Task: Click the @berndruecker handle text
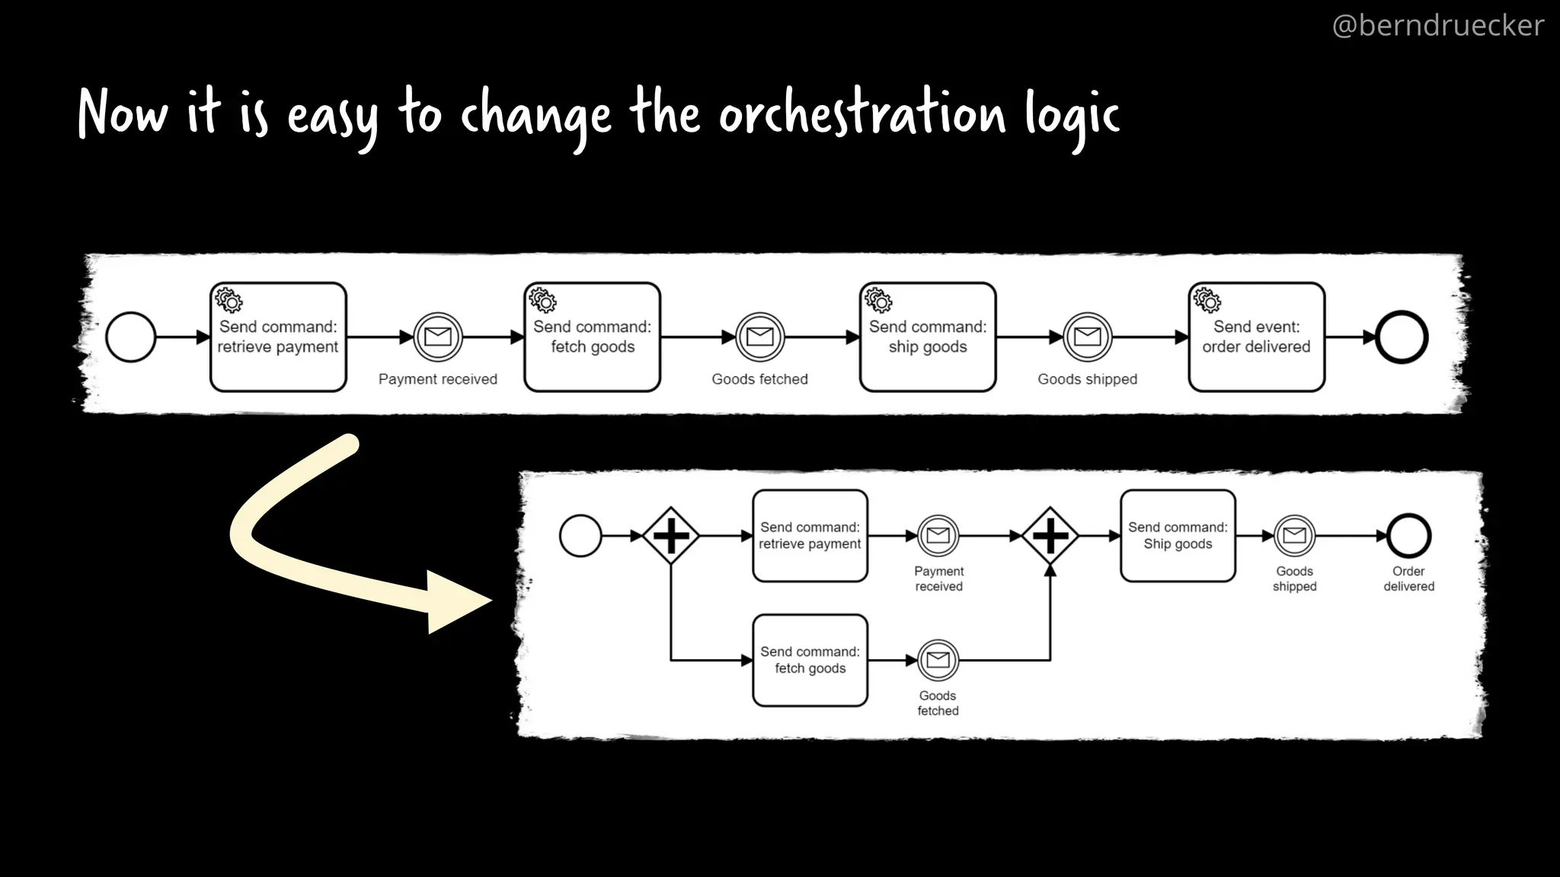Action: (1437, 26)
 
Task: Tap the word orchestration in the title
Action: (862, 114)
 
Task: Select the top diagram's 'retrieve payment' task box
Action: (278, 337)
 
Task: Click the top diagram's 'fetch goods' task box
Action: (592, 337)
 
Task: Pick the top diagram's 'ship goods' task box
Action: (927, 337)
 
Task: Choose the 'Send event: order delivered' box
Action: (1256, 337)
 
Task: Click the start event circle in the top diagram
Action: (131, 337)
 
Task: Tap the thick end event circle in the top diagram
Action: (1402, 337)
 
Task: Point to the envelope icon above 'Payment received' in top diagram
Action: (438, 336)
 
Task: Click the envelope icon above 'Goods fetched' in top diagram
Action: (759, 336)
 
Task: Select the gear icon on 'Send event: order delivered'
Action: (1207, 300)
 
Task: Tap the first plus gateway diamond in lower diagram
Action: (671, 536)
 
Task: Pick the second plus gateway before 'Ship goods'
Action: (1050, 536)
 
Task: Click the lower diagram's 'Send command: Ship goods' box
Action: (1178, 536)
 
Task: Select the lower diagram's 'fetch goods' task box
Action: (810, 660)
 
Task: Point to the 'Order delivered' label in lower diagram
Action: (1408, 579)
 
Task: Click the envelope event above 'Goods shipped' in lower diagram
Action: (1294, 536)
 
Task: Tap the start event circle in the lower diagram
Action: (580, 536)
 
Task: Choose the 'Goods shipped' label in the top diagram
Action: (1087, 379)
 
